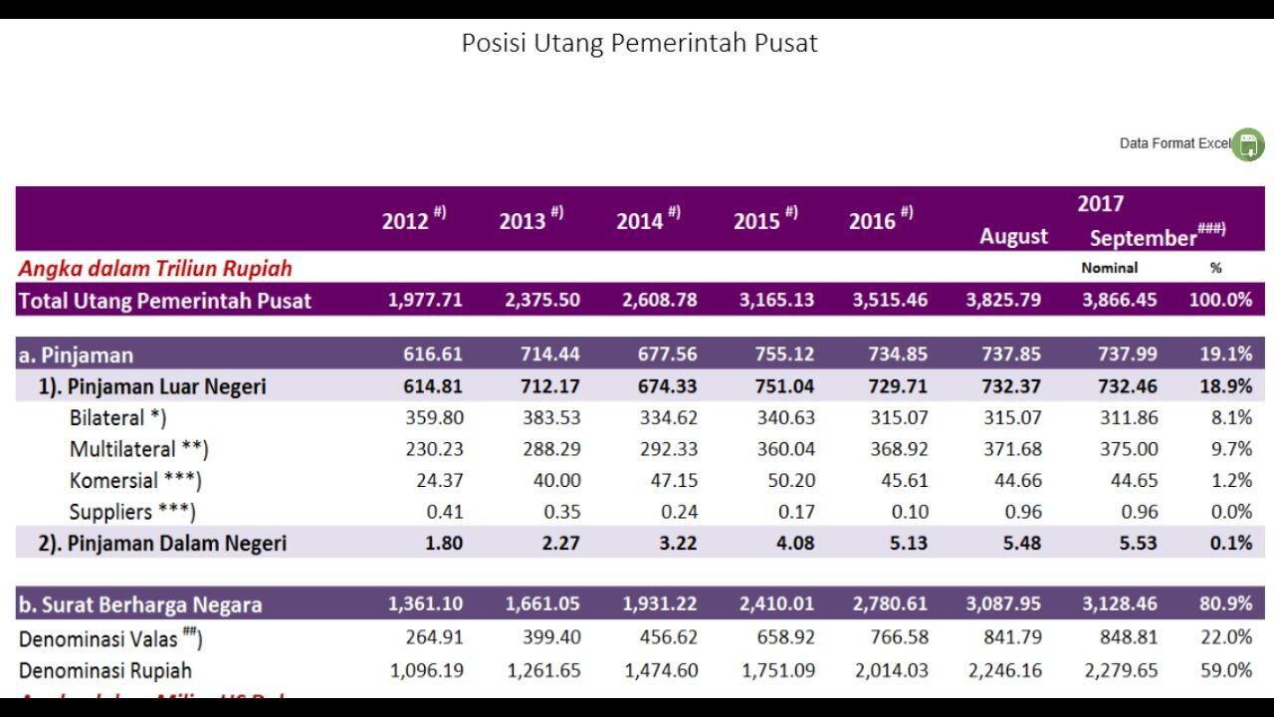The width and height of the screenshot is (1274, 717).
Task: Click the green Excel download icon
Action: [1248, 144]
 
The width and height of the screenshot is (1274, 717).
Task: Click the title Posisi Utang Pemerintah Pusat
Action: [639, 43]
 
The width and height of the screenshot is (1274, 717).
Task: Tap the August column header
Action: [1013, 236]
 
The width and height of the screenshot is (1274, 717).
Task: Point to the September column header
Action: [1143, 238]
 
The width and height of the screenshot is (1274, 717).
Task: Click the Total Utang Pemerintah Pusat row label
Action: [165, 300]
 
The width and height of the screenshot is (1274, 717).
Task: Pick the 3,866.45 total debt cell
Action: [1120, 300]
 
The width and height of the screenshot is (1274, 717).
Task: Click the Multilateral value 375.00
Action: [1129, 449]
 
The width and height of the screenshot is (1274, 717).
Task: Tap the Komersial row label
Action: [135, 480]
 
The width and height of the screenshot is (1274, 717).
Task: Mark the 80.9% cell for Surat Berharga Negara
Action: [1225, 604]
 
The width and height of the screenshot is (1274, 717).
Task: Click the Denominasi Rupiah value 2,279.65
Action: [1120, 670]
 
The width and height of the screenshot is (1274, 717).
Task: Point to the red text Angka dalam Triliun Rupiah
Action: [155, 268]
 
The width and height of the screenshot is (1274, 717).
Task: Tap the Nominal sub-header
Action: [1109, 268]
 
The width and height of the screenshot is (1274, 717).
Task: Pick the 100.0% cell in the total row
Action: [1220, 300]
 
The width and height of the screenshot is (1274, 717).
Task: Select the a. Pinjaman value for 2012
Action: [433, 355]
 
